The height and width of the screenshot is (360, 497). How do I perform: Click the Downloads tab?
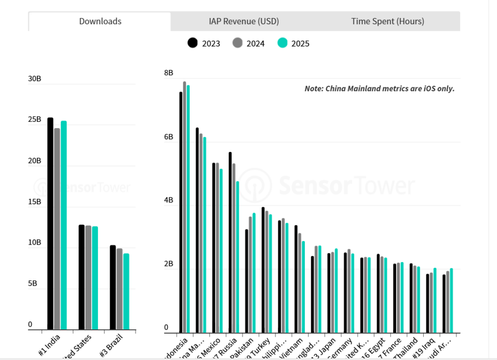100,21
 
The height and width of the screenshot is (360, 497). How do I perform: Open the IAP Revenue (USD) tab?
244,21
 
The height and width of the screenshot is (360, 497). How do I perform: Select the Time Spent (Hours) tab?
387,21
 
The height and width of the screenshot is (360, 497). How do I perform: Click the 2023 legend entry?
204,44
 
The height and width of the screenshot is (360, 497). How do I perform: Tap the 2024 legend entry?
248,44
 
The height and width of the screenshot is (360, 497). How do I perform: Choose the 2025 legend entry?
293,44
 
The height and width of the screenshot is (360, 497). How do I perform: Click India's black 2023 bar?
50,223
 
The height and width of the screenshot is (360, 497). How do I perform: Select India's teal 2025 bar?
64,225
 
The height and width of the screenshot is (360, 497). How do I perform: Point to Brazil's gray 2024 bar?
119,289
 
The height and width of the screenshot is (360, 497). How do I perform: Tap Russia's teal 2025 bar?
238,257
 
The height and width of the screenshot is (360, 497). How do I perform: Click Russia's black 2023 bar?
230,243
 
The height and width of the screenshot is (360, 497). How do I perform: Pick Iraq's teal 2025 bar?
435,300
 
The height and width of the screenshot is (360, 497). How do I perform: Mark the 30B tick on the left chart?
35,79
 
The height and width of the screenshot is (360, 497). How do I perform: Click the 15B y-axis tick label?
35,202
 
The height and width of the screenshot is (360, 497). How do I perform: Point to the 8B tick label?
168,73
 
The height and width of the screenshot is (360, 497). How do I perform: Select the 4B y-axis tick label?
168,200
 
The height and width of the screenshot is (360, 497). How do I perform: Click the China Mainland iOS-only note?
379,89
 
